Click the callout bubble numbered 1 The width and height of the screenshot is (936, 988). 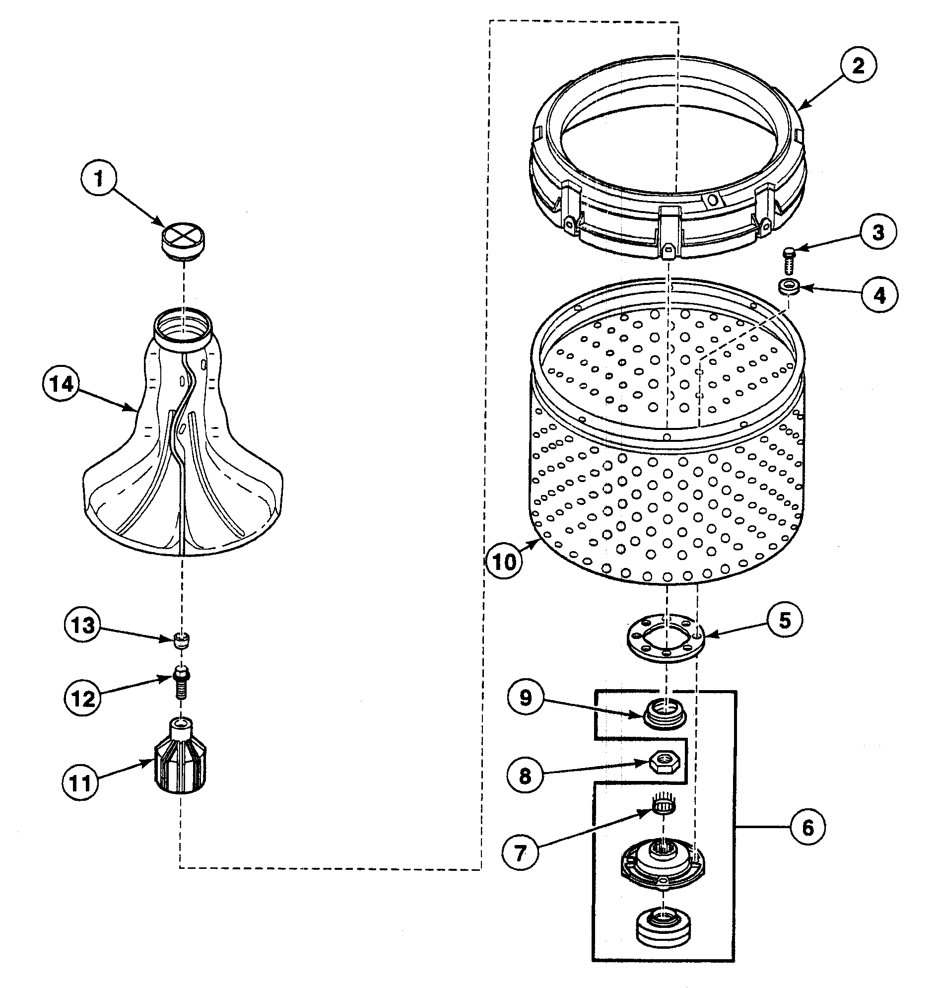[99, 178]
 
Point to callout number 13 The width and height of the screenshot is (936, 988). [83, 625]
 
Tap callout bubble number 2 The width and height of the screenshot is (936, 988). [858, 66]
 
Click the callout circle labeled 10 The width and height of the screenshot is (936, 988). [504, 561]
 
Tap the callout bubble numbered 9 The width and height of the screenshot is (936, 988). [526, 698]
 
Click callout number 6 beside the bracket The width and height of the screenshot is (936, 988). [808, 827]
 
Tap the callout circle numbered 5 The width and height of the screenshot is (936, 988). [785, 621]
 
